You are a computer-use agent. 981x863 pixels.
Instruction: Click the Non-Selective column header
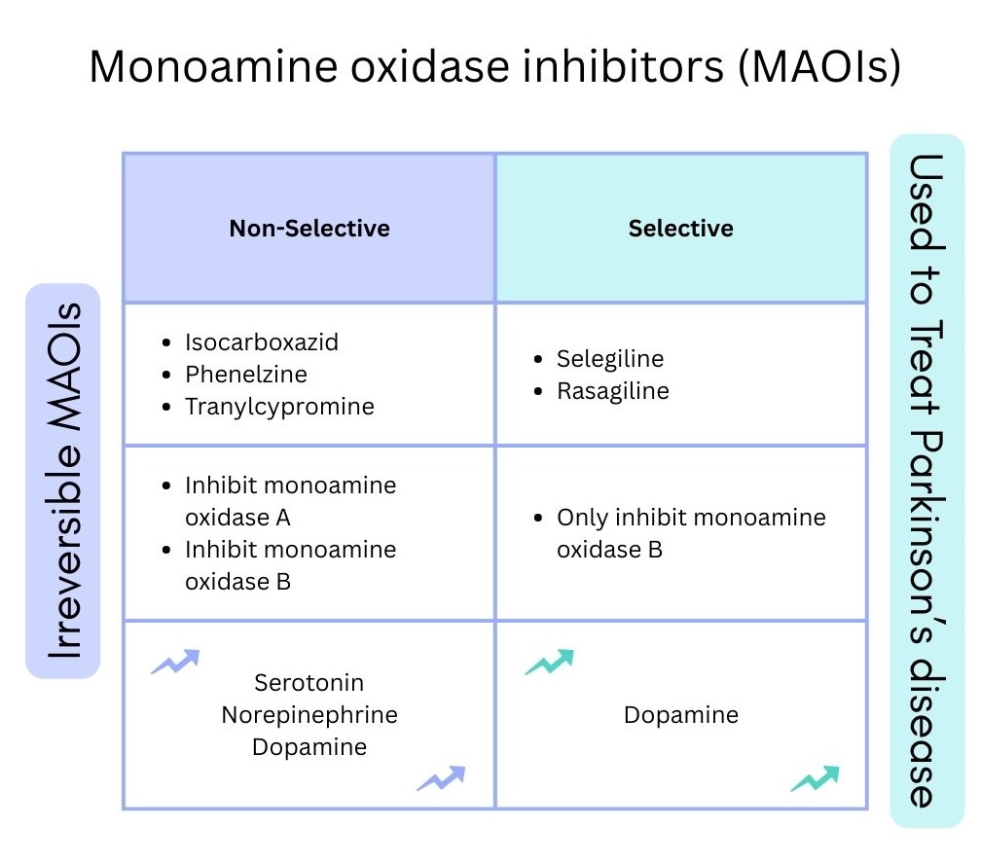pos(309,229)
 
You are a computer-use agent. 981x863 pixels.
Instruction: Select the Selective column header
pos(680,229)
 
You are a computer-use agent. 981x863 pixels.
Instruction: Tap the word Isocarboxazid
pos(262,342)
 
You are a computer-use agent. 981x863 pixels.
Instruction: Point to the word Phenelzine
pos(245,375)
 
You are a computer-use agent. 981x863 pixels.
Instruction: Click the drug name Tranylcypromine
pos(279,407)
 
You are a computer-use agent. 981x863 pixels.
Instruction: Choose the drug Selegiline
pos(610,359)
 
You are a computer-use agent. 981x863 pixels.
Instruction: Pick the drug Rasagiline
pos(613,391)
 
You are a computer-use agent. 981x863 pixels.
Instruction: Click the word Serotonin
pos(309,683)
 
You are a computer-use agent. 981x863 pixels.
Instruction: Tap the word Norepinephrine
pos(309,715)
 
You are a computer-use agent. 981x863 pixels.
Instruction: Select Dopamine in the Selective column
pos(681,715)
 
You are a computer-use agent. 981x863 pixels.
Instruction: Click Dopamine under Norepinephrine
pos(309,747)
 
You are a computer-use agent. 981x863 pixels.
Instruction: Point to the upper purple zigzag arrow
pos(175,662)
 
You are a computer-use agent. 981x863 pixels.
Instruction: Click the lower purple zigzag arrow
pos(441,778)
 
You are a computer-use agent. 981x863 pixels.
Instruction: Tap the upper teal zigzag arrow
pos(549,662)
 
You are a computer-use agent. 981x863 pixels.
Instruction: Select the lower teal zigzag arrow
pos(815,778)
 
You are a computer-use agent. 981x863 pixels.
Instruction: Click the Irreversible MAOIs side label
pos(62,481)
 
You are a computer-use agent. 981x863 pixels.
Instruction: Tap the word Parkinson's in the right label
pos(926,539)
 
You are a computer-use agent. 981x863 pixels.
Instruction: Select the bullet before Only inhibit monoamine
pos(539,519)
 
